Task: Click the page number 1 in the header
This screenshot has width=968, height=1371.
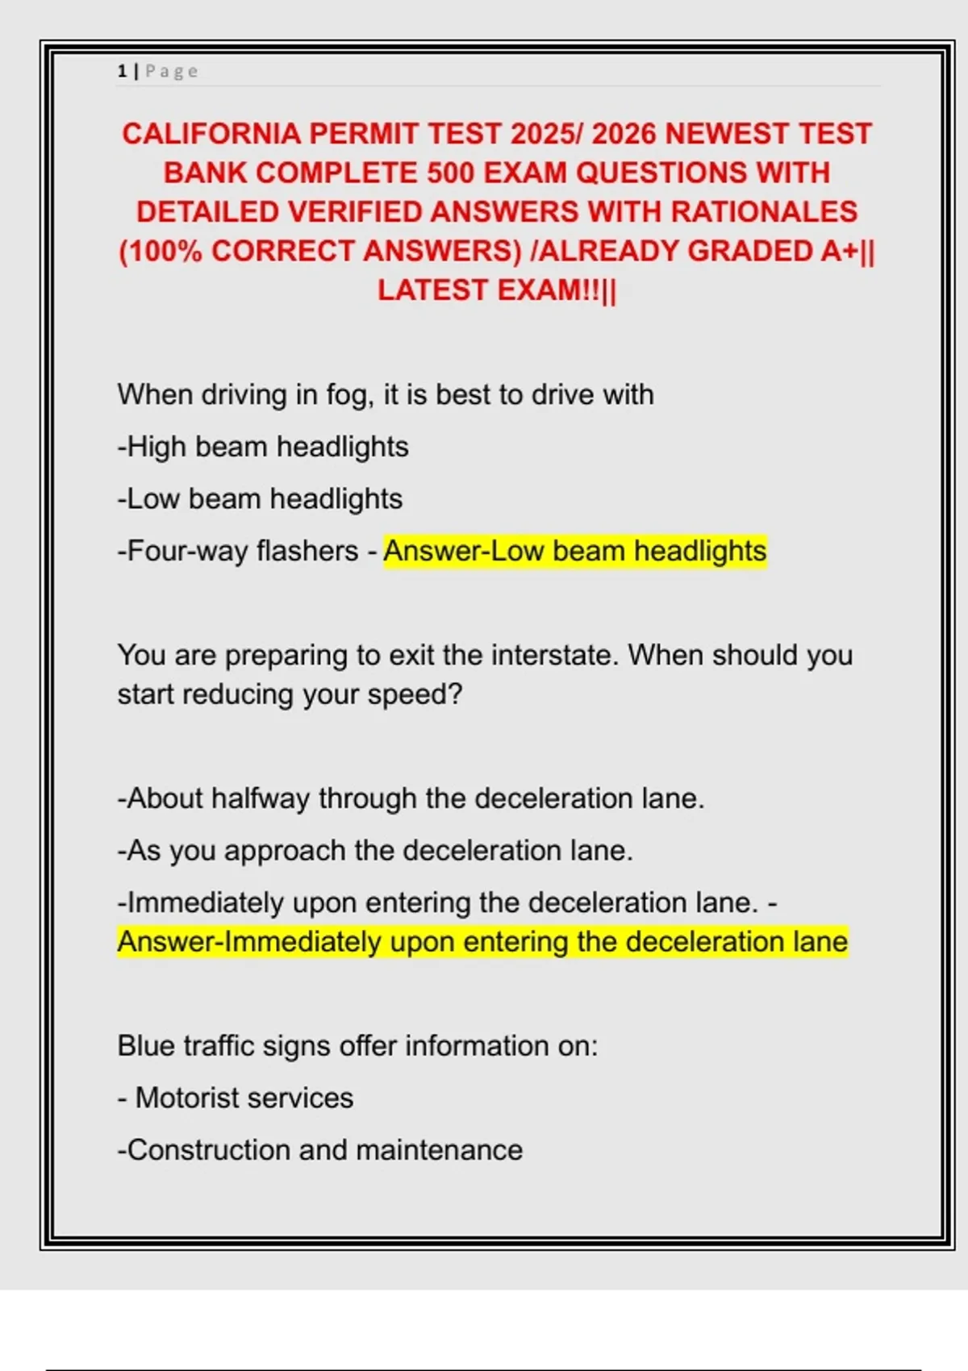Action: (122, 72)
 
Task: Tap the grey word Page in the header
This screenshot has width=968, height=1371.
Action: (171, 72)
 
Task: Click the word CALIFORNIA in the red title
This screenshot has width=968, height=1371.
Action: (211, 134)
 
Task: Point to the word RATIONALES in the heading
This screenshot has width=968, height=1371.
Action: (764, 212)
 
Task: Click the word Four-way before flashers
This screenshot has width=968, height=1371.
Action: (185, 551)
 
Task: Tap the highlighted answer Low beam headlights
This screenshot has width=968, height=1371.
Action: (574, 551)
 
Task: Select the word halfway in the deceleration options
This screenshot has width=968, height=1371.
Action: (260, 798)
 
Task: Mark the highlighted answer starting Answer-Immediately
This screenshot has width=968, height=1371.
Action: (482, 942)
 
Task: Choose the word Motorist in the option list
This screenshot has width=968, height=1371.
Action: (186, 1098)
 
